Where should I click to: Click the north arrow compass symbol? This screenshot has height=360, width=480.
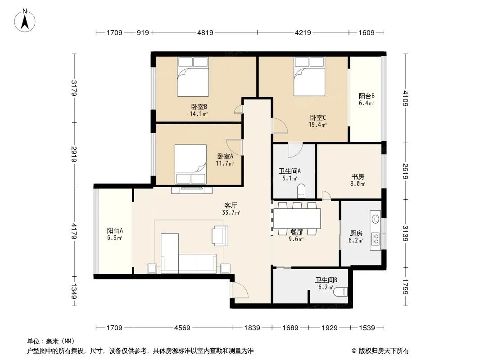[x=24, y=21]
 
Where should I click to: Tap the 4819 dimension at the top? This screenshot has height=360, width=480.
[x=205, y=33]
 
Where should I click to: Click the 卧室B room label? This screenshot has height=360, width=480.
[x=199, y=107]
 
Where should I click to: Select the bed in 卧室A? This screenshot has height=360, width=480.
[x=190, y=164]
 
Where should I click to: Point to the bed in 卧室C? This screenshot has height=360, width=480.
[x=309, y=76]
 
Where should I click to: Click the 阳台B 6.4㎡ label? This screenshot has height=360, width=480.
[x=367, y=99]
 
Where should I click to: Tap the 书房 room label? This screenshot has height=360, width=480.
[x=358, y=177]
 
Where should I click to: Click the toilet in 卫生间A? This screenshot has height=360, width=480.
[x=301, y=190]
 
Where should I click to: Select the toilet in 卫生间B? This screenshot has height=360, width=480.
[x=341, y=292]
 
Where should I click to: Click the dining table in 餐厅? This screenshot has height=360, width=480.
[x=297, y=218]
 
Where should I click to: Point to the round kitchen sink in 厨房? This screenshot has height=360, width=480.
[x=375, y=219]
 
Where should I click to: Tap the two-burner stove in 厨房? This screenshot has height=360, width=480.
[x=375, y=239]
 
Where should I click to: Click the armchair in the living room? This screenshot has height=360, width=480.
[x=220, y=236]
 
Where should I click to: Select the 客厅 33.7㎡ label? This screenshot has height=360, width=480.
[x=231, y=209]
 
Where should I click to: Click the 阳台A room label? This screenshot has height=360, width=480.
[x=115, y=230]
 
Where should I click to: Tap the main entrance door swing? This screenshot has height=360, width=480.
[x=240, y=290]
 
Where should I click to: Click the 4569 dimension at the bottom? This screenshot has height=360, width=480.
[x=182, y=328]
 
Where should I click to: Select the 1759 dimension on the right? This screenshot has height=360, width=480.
[x=405, y=287]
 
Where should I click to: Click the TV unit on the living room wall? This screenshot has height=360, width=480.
[x=192, y=190]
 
